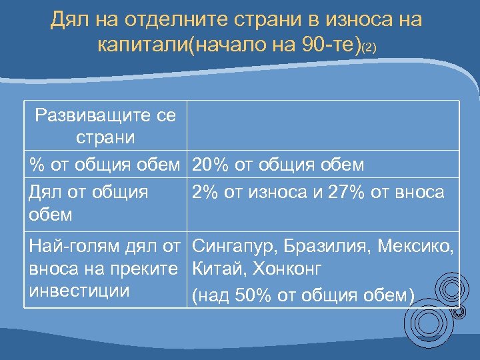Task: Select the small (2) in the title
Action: tap(370, 48)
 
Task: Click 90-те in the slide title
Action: tap(328, 45)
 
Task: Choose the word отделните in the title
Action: tap(167, 20)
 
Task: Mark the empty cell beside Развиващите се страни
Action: tap(323, 126)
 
